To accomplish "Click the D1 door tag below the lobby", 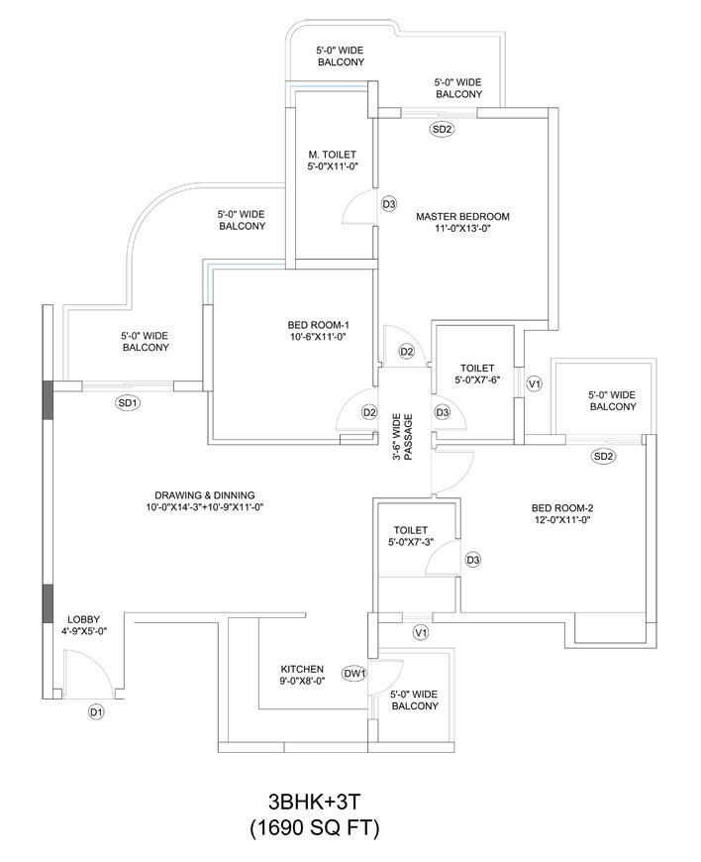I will tap(96, 711).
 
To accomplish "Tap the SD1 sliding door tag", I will tap(127, 402).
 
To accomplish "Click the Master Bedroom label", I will tap(462, 216).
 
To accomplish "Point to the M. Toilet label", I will tap(331, 154).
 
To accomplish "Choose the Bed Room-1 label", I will tap(319, 324).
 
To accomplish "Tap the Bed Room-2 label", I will tap(561, 508).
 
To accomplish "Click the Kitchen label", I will tap(302, 669).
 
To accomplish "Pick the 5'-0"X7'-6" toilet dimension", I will tap(477, 379).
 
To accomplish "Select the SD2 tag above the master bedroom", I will tap(442, 129).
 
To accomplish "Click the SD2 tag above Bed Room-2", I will tap(604, 456).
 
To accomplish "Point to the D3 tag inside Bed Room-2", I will tap(473, 561).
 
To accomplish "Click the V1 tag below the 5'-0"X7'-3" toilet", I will tap(420, 631).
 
